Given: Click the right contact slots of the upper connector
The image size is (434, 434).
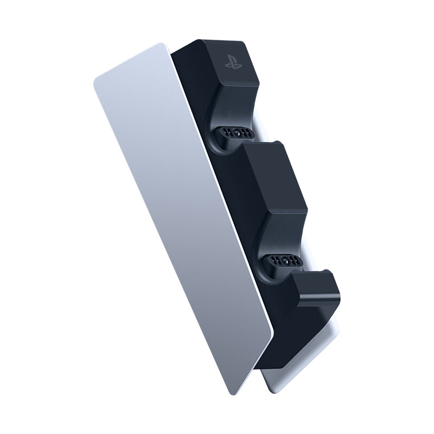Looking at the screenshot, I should coord(247,133).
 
